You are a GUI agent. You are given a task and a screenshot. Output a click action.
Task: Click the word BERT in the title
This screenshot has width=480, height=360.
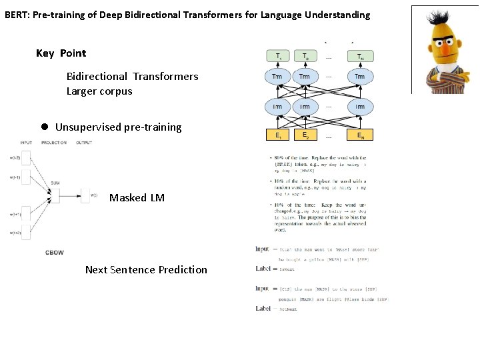point(16,15)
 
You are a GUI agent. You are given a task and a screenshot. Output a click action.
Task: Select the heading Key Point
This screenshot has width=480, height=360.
point(61,53)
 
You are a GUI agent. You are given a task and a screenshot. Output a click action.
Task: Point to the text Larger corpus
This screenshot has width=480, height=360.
point(99,91)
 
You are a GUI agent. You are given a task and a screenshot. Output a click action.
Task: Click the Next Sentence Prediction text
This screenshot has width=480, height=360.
point(146,270)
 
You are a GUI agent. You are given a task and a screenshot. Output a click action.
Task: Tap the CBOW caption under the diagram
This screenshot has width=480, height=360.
point(55,253)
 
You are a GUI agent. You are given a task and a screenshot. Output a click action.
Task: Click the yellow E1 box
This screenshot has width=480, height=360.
point(277,135)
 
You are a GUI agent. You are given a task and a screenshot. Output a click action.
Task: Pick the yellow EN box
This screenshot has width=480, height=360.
point(360,135)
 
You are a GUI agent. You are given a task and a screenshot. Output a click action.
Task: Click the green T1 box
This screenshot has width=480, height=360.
point(277,57)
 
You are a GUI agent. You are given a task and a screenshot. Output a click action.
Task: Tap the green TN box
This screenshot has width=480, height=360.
point(360,57)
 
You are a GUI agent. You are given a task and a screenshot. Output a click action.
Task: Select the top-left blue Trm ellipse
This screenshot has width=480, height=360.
point(277,77)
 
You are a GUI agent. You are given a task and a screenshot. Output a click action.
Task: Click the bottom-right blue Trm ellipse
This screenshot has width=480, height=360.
point(360,107)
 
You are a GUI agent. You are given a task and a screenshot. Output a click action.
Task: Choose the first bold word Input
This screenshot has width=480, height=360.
point(262,249)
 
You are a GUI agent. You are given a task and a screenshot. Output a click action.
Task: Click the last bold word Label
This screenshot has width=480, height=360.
point(263,309)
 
